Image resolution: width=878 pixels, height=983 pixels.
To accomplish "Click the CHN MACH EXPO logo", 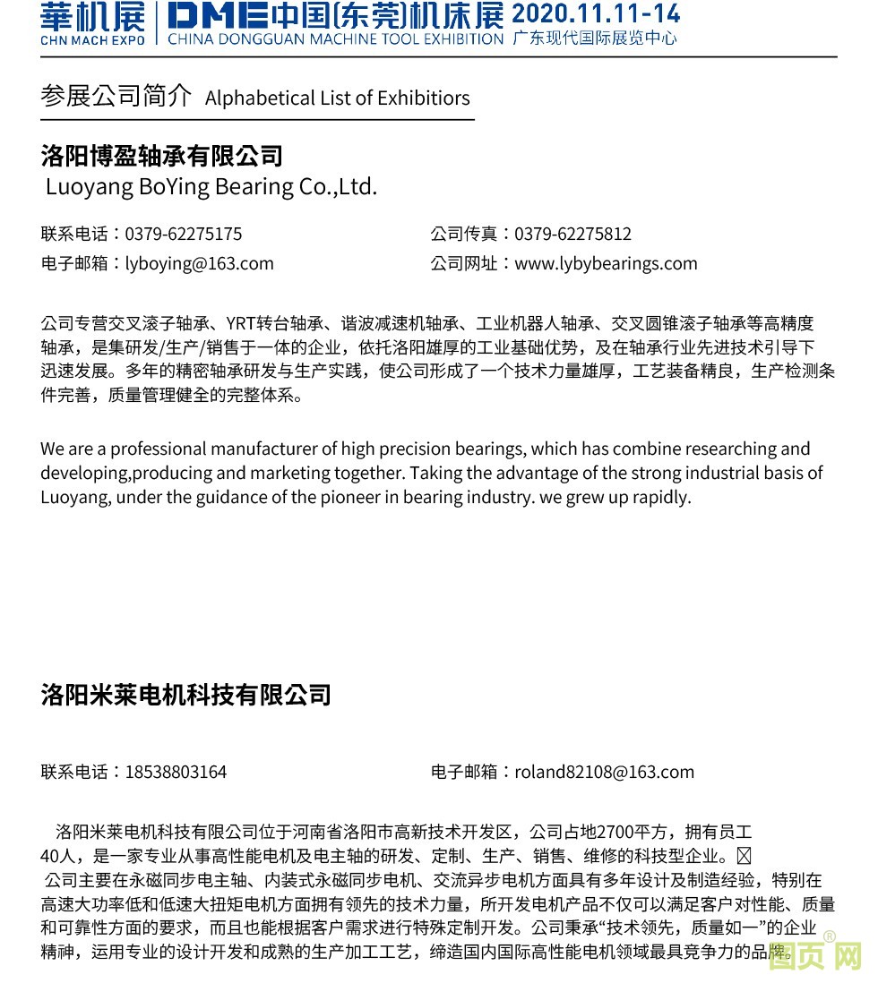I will pos(92,22).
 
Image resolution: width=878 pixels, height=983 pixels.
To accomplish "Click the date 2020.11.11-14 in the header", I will pos(596,13).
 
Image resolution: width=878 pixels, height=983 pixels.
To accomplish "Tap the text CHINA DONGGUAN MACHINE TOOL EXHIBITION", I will pos(335,38).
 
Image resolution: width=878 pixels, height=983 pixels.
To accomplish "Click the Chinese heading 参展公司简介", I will pos(116,97).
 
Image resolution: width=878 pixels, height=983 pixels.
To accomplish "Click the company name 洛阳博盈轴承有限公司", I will pos(162,157).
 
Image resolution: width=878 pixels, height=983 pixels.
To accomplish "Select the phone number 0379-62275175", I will pos(183,235).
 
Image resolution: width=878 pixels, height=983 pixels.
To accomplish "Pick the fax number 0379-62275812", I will pos(572,235).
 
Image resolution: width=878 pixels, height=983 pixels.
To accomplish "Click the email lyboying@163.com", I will pos(199,263).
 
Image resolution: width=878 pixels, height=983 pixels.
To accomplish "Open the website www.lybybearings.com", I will pos(606,263).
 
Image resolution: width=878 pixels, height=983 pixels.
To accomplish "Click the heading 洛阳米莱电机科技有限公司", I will pos(186,695).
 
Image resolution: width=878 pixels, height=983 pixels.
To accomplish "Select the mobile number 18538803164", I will pos(176,772).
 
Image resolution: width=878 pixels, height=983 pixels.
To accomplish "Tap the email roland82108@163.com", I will pos(604,772).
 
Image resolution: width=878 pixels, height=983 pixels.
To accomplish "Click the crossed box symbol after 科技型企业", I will pos(743,855).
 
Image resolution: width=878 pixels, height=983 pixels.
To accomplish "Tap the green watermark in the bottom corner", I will pos(815,959).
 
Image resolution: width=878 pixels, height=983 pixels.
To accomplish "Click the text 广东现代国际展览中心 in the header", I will pos(594,38).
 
